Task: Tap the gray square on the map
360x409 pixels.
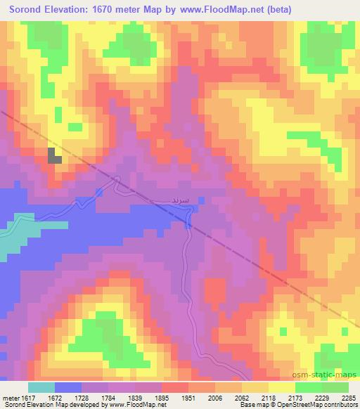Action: [x=54, y=155]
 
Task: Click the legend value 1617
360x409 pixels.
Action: [x=27, y=397]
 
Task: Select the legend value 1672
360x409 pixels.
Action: [x=55, y=397]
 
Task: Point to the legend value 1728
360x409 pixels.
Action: [x=83, y=397]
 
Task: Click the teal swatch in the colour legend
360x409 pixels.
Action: [x=41, y=387]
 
